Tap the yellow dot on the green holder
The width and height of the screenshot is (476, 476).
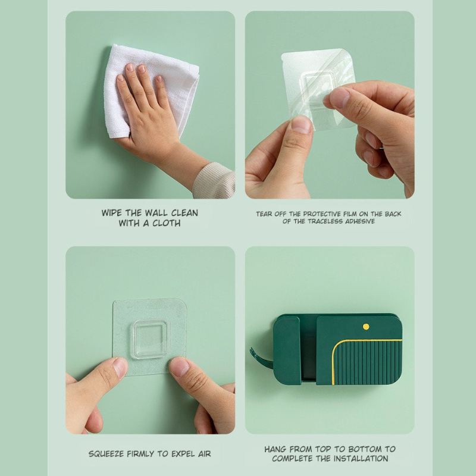366,327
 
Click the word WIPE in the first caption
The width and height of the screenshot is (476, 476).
112,213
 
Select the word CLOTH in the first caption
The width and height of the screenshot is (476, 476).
167,223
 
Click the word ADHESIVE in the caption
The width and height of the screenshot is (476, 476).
360,221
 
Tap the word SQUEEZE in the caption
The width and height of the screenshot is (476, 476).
107,454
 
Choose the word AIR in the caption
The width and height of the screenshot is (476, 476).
204,454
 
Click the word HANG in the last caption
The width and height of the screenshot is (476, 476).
275,449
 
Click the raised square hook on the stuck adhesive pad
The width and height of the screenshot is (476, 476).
149,339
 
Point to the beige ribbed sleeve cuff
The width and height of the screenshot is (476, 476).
215,181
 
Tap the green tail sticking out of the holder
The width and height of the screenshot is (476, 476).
260,358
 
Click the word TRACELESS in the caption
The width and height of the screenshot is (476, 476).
325,221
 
